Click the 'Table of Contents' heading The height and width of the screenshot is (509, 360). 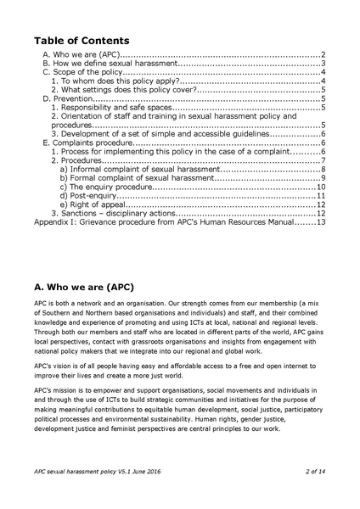pyautogui.click(x=82, y=41)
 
